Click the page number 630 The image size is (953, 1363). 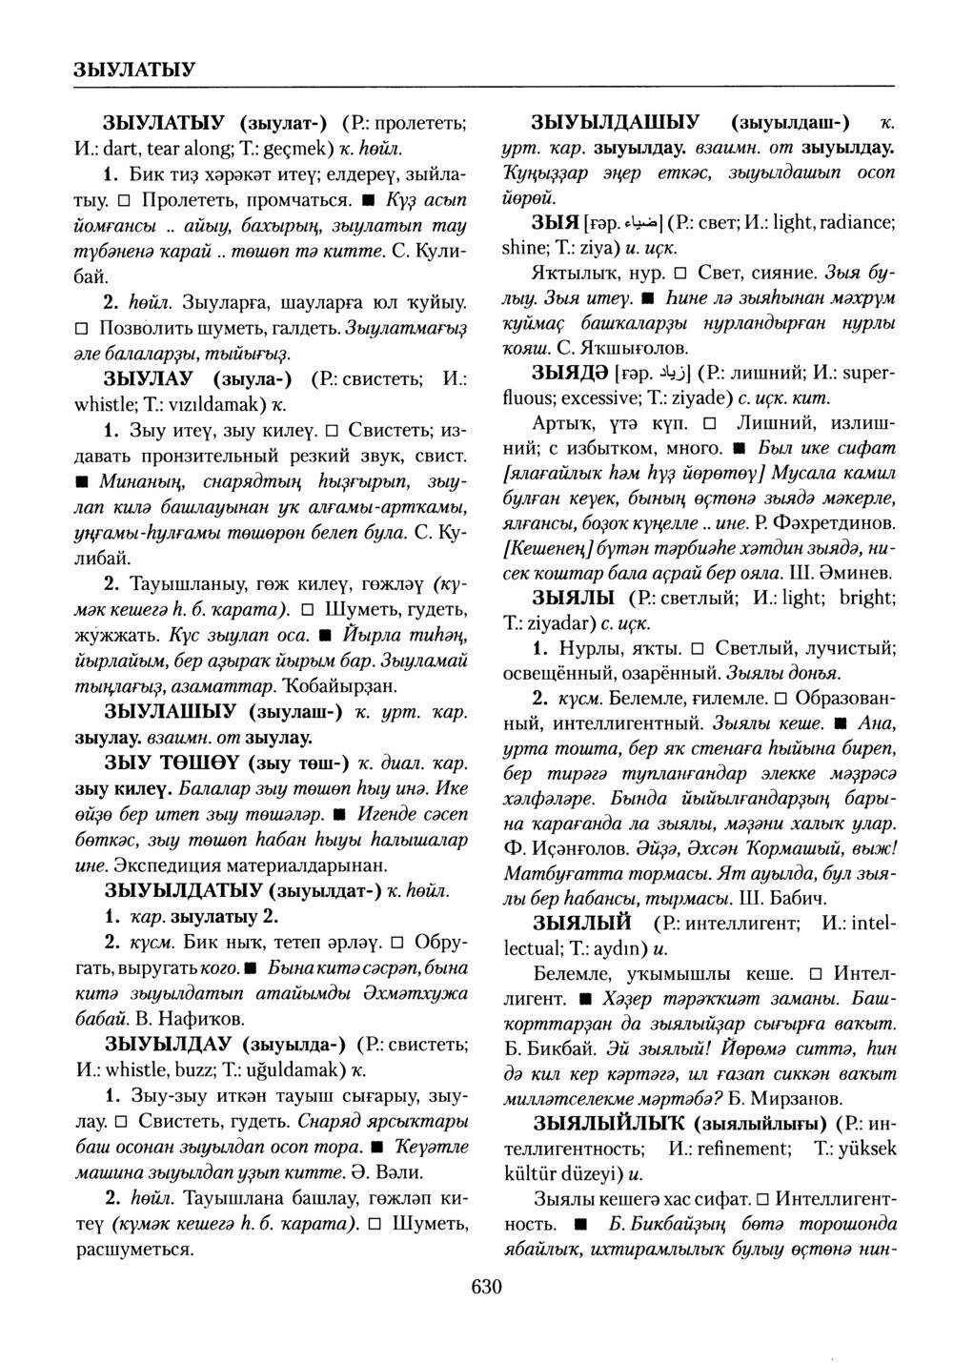coord(485,1288)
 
